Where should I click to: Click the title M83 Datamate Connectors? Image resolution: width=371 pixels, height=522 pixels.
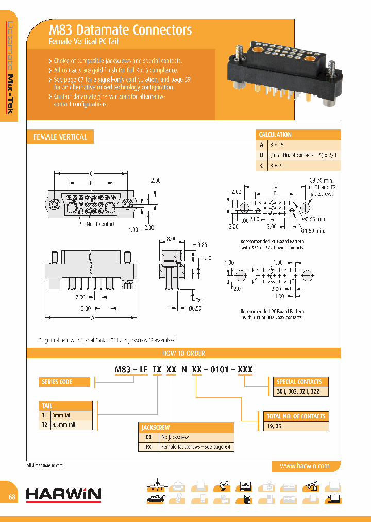[120, 30]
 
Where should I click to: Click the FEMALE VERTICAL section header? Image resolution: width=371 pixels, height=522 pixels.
[60, 137]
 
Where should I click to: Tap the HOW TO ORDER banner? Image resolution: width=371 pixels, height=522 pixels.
[183, 353]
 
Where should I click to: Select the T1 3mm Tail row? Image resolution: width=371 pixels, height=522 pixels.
[65, 415]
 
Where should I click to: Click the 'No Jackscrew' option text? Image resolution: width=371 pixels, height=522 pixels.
[175, 437]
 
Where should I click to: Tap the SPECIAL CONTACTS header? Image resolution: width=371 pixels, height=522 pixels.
[299, 382]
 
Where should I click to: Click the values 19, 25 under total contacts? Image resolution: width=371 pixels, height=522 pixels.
[275, 426]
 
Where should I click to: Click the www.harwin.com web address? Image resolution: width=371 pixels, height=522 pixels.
[305, 466]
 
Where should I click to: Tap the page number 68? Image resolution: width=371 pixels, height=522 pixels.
[11, 497]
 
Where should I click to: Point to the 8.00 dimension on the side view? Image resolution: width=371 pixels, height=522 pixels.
[172, 239]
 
